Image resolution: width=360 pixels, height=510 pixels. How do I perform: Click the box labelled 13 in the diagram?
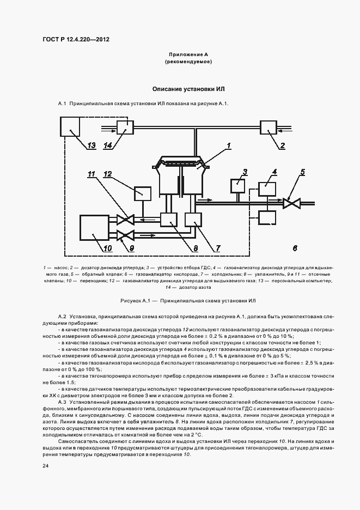click(70, 126)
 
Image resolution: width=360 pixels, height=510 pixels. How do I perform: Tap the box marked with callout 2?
click(269, 129)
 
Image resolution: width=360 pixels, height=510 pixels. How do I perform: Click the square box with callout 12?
click(143, 193)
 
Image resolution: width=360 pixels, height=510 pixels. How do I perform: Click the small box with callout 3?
click(237, 185)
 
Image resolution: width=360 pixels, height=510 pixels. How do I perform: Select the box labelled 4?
click(267, 189)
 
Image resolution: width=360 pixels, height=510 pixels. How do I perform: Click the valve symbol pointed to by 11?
click(125, 220)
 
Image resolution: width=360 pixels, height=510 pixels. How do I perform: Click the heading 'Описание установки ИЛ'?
click(188, 88)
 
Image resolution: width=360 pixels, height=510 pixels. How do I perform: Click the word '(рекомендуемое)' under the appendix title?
click(188, 62)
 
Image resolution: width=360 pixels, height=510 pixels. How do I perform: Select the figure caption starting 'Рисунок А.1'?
click(188, 301)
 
